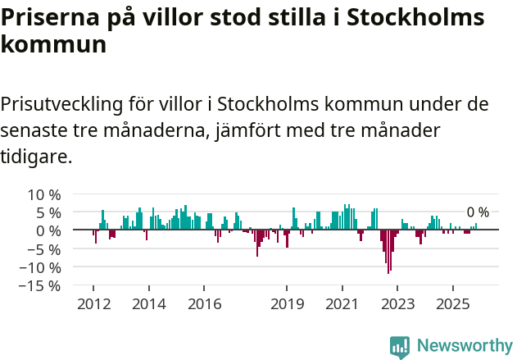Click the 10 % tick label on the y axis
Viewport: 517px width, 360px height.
point(44,194)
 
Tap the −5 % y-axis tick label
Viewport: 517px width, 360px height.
point(44,249)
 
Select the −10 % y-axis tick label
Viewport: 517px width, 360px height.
point(40,267)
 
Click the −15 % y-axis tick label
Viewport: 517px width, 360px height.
point(40,285)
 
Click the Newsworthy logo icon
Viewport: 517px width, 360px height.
point(400,345)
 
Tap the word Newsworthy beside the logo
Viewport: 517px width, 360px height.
point(464,345)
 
